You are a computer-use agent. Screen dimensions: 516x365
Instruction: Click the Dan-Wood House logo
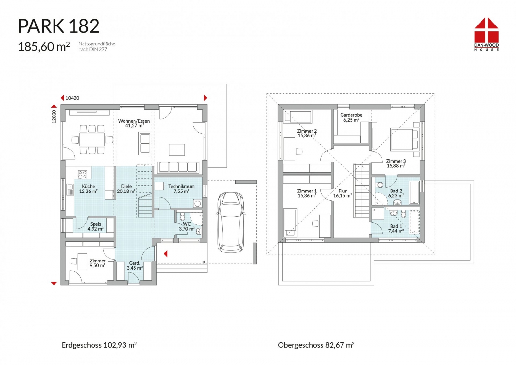[x=486, y=34]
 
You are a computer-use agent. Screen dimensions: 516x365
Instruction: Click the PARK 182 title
[x=59, y=26]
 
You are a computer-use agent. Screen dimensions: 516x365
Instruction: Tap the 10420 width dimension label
[x=72, y=98]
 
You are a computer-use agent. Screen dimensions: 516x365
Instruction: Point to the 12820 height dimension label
[x=54, y=116]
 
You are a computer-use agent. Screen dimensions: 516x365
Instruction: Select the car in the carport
[x=231, y=222]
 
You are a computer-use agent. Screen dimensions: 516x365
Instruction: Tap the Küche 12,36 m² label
[x=88, y=189]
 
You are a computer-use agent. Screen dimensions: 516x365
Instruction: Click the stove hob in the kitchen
[x=83, y=174]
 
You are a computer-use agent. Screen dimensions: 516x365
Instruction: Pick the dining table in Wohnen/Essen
[x=92, y=140]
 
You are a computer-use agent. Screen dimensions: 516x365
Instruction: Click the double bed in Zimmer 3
[x=404, y=139]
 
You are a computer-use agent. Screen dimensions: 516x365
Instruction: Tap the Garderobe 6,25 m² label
[x=351, y=117]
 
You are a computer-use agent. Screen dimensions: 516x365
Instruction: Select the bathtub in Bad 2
[x=414, y=193]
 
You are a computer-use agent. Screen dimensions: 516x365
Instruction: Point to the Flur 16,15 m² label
[x=342, y=193]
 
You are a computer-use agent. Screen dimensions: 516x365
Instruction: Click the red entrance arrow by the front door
[x=166, y=254]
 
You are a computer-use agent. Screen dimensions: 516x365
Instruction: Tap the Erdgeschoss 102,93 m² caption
[x=99, y=345]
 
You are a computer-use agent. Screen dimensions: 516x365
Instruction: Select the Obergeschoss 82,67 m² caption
[x=316, y=345]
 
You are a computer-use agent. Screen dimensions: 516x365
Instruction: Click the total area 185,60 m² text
[x=44, y=46]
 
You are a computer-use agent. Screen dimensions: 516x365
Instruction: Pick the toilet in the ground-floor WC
[x=183, y=217]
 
